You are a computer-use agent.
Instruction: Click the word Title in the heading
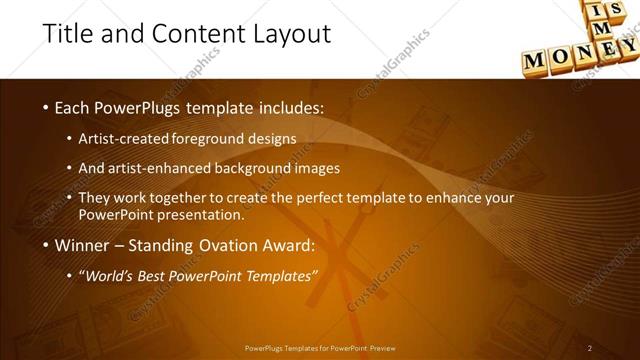click(x=71, y=33)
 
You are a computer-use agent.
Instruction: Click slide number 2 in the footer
click(x=590, y=348)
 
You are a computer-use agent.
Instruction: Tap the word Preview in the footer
click(x=383, y=348)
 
